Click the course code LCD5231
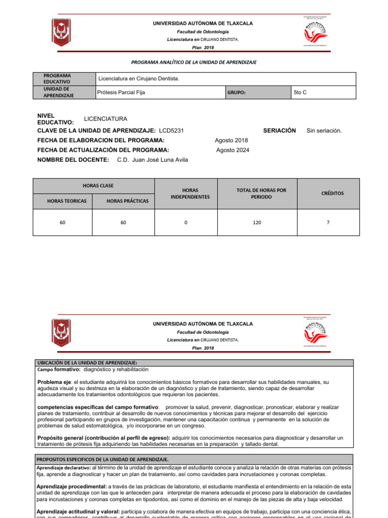(x=171, y=131)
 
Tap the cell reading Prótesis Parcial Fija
(x=121, y=93)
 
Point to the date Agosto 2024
(x=232, y=150)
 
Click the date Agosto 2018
(x=231, y=140)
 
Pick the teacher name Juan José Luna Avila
(x=153, y=160)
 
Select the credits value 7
(x=328, y=222)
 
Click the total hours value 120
(x=258, y=222)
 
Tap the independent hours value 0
(x=186, y=222)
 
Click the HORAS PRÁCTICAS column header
(x=128, y=201)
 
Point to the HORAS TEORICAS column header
(x=67, y=201)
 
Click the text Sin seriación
(x=324, y=131)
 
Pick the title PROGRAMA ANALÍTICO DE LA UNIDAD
(x=193, y=62)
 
